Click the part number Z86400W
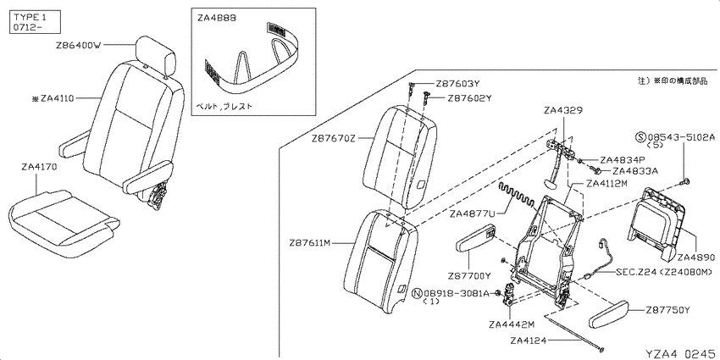[x=78, y=46]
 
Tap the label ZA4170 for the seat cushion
[x=39, y=168]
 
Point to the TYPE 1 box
[x=35, y=22]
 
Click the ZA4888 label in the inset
[x=217, y=18]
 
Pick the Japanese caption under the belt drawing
[x=224, y=106]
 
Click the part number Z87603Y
[x=457, y=84]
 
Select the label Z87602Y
[x=469, y=97]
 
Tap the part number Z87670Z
[x=334, y=138]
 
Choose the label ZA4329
[x=562, y=110]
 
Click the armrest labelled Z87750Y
[x=608, y=314]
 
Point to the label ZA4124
[x=529, y=341]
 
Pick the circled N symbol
[x=417, y=293]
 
